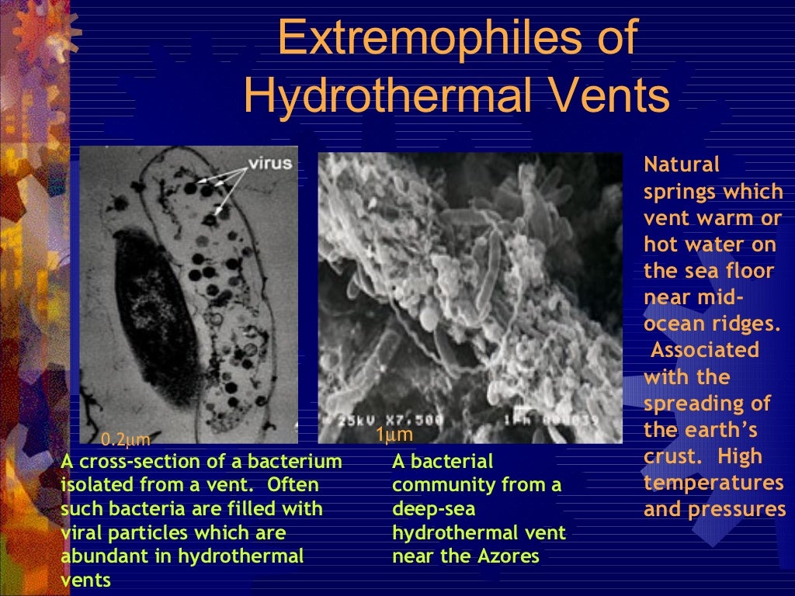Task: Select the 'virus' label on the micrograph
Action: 270,164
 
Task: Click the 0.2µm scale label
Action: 126,441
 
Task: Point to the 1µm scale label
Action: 394,435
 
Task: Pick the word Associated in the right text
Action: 704,350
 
